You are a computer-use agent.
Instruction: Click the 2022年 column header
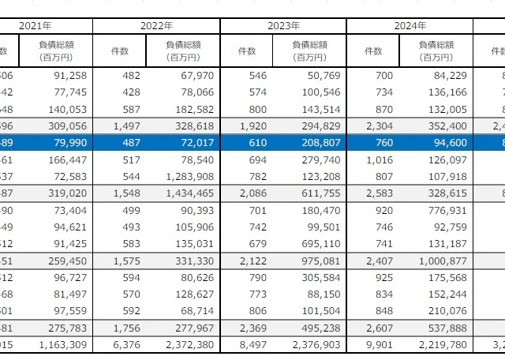coord(156,26)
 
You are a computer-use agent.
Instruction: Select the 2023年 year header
coord(283,26)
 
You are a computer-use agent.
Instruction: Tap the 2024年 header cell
coord(410,26)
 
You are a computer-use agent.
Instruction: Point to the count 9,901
coord(377,343)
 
